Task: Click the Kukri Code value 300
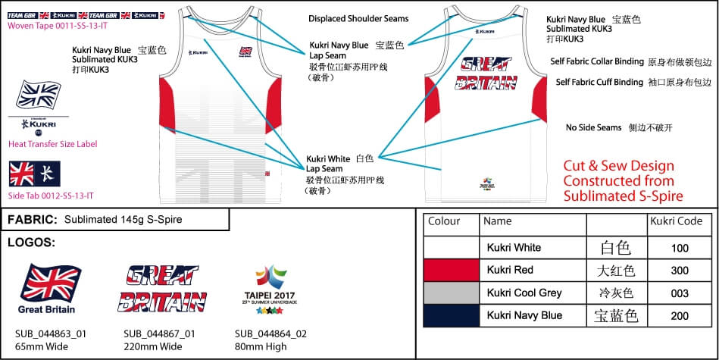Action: [x=680, y=271]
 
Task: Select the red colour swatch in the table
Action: [x=451, y=271]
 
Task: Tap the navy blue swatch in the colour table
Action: [x=451, y=315]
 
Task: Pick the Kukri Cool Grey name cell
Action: [x=524, y=293]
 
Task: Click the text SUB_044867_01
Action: [x=159, y=334]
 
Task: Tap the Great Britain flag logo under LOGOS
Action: [x=52, y=284]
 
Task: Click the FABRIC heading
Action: [x=33, y=221]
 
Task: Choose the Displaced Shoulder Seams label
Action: [x=358, y=18]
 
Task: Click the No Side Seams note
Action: [x=593, y=128]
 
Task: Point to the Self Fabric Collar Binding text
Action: [x=597, y=61]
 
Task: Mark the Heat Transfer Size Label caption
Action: [x=52, y=144]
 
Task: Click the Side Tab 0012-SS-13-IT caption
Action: [x=50, y=196]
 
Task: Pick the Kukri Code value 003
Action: [x=680, y=293]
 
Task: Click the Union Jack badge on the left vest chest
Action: [x=245, y=51]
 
